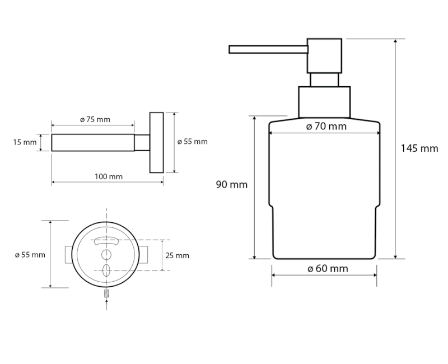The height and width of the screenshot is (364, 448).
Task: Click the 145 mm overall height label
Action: click(419, 148)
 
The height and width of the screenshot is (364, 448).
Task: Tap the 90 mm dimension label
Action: click(231, 184)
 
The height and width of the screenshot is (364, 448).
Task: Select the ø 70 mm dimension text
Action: click(326, 127)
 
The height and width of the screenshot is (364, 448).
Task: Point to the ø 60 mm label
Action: click(328, 269)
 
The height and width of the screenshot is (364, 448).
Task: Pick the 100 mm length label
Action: click(109, 177)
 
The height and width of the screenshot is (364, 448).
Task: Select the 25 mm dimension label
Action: click(178, 255)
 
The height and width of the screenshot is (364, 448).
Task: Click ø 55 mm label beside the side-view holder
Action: click(192, 142)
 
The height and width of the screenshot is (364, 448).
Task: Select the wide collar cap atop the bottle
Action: click(324, 102)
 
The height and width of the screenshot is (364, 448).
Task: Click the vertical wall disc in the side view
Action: click(156, 142)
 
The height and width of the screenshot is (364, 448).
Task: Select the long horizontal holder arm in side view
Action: click(93, 142)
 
